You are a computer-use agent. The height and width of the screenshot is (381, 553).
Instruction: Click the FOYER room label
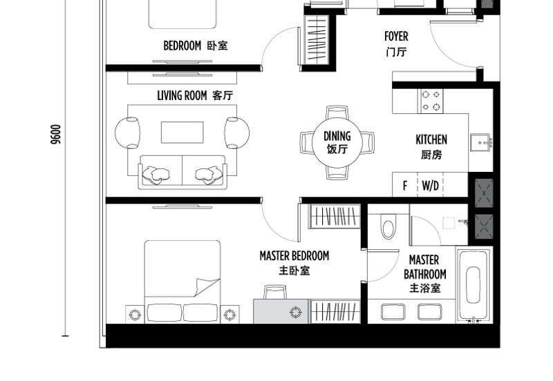coord(396,37)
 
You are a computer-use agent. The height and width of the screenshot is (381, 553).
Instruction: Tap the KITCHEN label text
coord(431,140)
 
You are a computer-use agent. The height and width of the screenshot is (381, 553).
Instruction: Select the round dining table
coord(337,143)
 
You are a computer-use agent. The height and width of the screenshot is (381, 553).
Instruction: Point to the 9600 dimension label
coord(56,134)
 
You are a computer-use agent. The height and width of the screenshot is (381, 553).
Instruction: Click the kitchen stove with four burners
coord(431,101)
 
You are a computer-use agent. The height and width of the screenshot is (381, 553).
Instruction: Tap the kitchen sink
coord(481,142)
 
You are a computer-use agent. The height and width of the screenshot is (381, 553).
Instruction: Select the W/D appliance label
coord(430,185)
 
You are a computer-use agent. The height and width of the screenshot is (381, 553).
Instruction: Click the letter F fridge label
coord(405,185)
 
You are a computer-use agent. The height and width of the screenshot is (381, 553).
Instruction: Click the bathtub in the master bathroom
coord(473,285)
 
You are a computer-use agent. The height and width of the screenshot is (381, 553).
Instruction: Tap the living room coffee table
coord(182,133)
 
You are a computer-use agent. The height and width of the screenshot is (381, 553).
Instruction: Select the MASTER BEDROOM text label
coord(294,255)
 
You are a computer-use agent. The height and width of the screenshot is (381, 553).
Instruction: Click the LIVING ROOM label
coord(182,95)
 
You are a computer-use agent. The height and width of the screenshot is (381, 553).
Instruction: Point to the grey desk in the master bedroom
coord(281,311)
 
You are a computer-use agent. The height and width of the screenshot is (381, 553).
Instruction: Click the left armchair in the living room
coord(127,133)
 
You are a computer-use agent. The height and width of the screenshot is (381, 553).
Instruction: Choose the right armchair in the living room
coord(237,133)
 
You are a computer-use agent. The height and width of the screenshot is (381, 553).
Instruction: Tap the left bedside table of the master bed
coord(135,314)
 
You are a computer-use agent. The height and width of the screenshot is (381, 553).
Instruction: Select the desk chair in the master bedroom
coord(275,293)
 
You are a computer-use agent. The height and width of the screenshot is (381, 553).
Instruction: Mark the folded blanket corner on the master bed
coord(205,286)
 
